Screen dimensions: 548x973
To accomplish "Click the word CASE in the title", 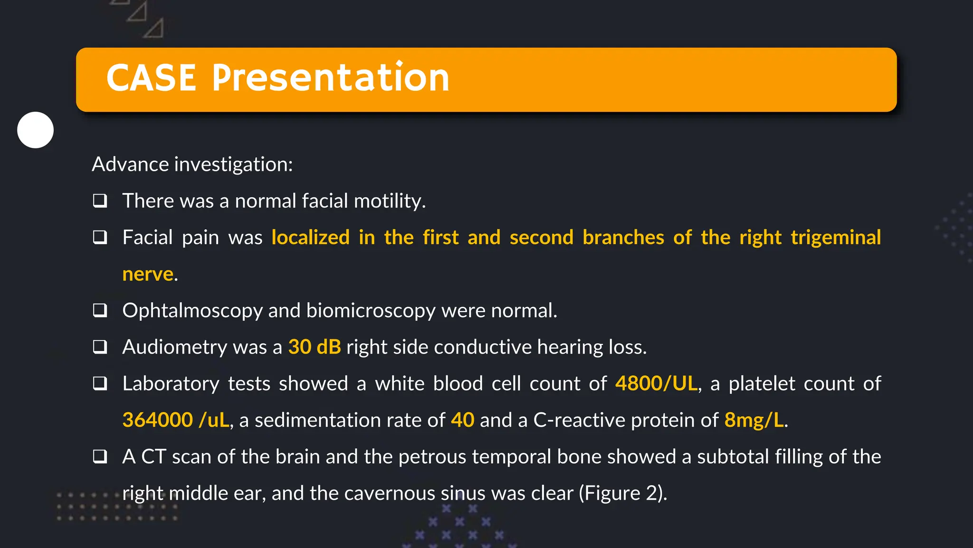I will click(151, 78).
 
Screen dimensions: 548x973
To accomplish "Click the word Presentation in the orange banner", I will click(331, 78).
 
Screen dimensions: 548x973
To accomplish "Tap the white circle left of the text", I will click(36, 130).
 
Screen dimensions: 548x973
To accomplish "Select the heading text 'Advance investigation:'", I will click(192, 165).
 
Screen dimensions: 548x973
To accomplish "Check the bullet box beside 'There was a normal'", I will click(100, 201).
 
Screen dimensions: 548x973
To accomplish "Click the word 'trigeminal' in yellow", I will click(836, 237).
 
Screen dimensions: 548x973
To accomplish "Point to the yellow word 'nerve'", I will click(148, 274).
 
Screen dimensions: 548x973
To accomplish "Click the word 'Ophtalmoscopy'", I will click(192, 311).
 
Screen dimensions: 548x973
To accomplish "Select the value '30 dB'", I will click(315, 347).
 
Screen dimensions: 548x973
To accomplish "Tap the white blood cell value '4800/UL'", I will click(656, 383).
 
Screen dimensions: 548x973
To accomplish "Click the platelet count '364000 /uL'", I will click(176, 420).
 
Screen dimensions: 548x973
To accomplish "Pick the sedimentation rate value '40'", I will click(462, 420).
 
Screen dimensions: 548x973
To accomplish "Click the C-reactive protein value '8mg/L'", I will click(754, 420).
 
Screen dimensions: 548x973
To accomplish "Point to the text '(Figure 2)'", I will click(622, 493).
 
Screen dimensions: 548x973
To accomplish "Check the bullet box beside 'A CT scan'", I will click(100, 457).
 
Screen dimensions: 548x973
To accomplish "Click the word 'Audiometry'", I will click(175, 347).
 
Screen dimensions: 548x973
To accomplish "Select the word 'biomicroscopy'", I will click(371, 311).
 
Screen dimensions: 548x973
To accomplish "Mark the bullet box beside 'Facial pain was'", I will click(100, 237).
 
